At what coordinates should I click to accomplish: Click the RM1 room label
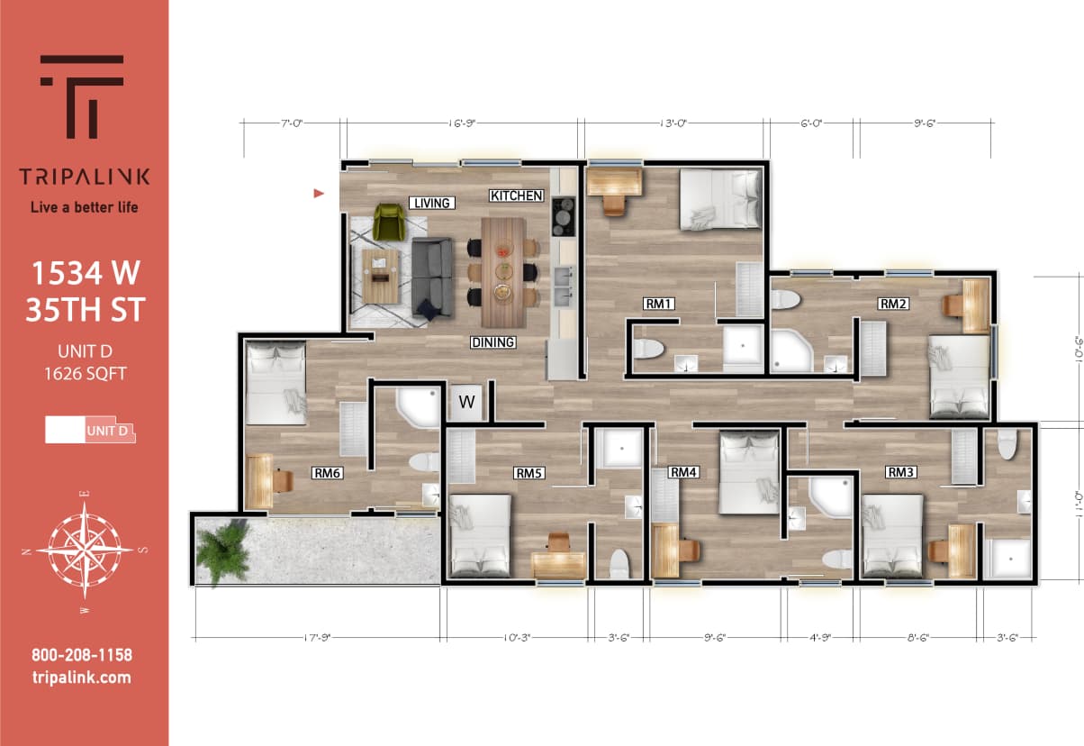pos(659,304)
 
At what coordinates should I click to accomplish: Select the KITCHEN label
pos(516,196)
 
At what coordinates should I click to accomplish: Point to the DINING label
pos(492,342)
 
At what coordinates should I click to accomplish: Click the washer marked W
pos(466,403)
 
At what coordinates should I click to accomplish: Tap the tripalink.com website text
pos(81,678)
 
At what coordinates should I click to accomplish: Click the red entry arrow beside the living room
pos(318,193)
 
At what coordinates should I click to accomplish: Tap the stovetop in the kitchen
pos(564,215)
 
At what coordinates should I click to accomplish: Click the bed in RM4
pos(749,471)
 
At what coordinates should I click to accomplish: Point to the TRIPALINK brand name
pos(85,176)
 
